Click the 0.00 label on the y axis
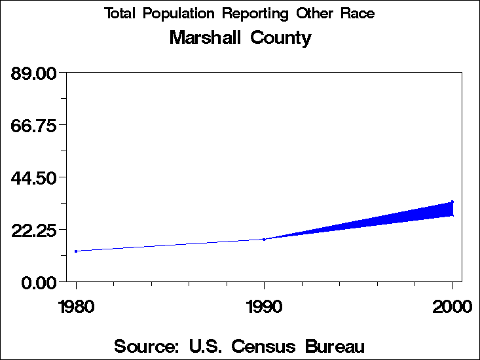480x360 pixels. [38, 282]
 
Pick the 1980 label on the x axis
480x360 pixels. [76, 306]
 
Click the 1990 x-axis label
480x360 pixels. [264, 306]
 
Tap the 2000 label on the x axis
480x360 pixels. [452, 306]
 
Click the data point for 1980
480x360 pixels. [76, 251]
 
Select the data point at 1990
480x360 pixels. [264, 239]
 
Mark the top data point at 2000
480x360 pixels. [452, 202]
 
